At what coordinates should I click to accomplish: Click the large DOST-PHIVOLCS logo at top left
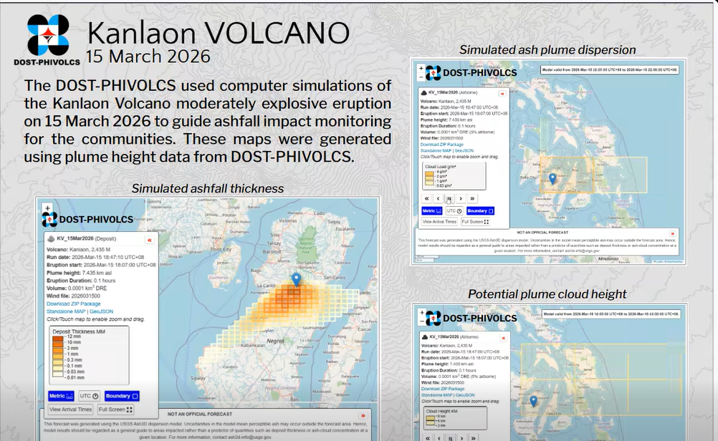(48, 35)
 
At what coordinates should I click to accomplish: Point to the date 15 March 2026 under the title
(148, 57)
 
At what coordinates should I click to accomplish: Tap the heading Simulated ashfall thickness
(208, 188)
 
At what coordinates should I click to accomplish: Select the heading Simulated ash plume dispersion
(547, 50)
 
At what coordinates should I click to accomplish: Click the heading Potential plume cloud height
(547, 294)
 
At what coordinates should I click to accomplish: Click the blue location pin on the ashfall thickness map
(296, 279)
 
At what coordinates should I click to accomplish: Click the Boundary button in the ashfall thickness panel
(122, 396)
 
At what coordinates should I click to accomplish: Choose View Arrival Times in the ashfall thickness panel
(70, 409)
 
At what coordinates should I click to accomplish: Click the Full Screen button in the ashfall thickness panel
(116, 409)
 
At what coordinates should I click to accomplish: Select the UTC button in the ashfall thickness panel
(90, 396)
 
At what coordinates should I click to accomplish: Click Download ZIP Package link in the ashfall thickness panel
(74, 304)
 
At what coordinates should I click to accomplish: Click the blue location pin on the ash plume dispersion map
(552, 178)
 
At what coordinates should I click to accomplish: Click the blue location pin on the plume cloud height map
(533, 402)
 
